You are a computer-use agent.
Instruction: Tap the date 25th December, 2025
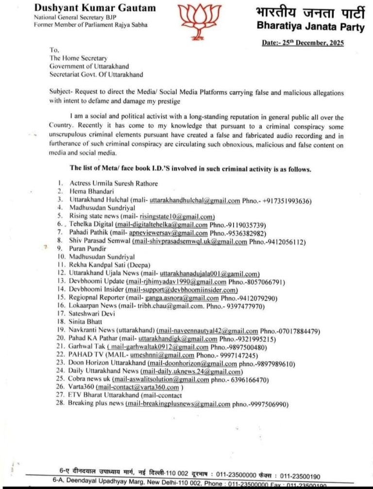pos(303,43)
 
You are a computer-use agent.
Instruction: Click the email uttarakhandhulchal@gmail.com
pos(195,201)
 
